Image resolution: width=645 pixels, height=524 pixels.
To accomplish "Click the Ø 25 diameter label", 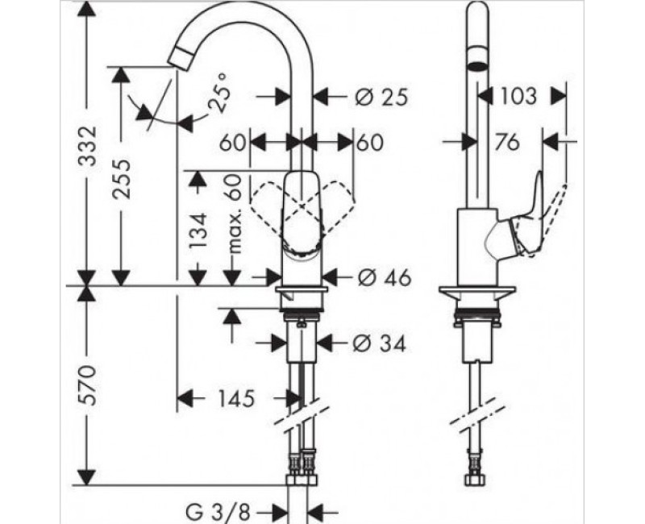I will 380,98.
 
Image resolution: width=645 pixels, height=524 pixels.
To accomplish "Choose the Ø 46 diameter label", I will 382,277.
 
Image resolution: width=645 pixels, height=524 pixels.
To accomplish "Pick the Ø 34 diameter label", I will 379,344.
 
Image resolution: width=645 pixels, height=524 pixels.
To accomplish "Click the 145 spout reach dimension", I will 235,398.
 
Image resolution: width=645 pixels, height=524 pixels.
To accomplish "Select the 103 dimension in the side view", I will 517,97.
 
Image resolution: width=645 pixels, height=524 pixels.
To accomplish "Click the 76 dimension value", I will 506,143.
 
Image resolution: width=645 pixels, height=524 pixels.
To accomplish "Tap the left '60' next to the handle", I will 232,143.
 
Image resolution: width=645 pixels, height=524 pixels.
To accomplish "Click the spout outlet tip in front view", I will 181,59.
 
